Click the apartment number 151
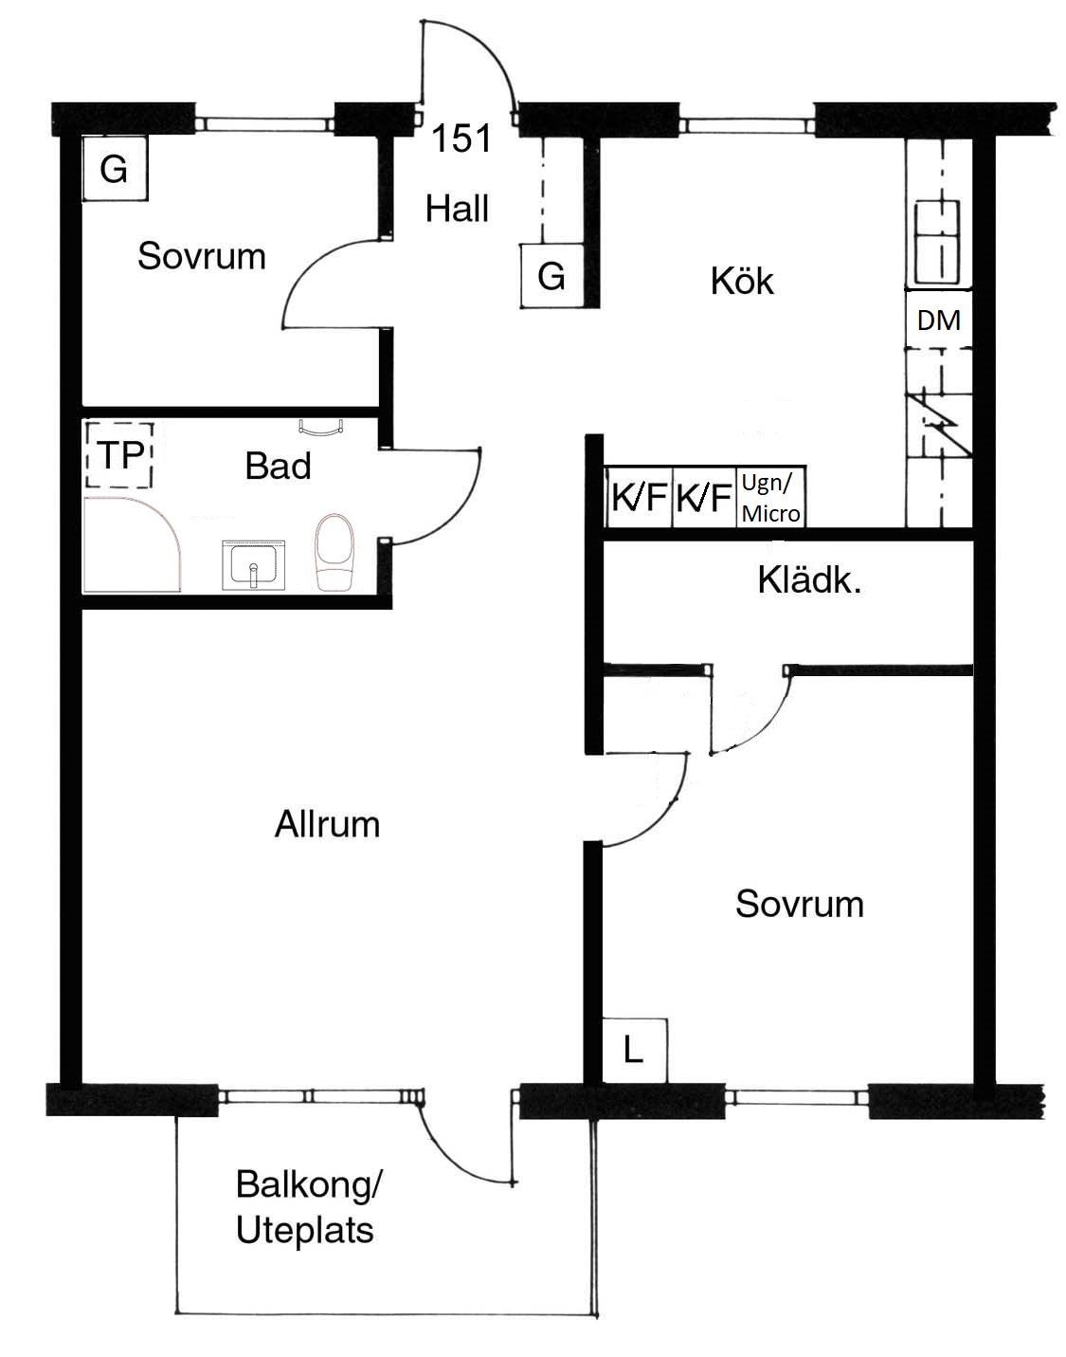pyautogui.click(x=461, y=138)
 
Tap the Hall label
pyautogui.click(x=457, y=209)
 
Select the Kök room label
pyautogui.click(x=742, y=281)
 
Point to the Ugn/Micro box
pyautogui.click(x=771, y=498)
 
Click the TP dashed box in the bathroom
pyautogui.click(x=119, y=454)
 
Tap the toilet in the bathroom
pyautogui.click(x=334, y=553)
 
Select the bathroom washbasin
pyautogui.click(x=253, y=564)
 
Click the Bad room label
pyautogui.click(x=278, y=466)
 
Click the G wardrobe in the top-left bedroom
pyautogui.click(x=114, y=169)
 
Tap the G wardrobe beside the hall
pyautogui.click(x=551, y=275)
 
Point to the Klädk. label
pyautogui.click(x=809, y=580)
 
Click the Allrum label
pyautogui.click(x=327, y=823)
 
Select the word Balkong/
pyautogui.click(x=309, y=1184)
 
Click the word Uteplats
pyautogui.click(x=305, y=1231)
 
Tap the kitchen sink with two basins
pyautogui.click(x=937, y=242)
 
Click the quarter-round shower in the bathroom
pyautogui.click(x=132, y=544)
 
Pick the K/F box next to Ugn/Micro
pyautogui.click(x=704, y=497)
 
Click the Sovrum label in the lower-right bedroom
pyautogui.click(x=800, y=904)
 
